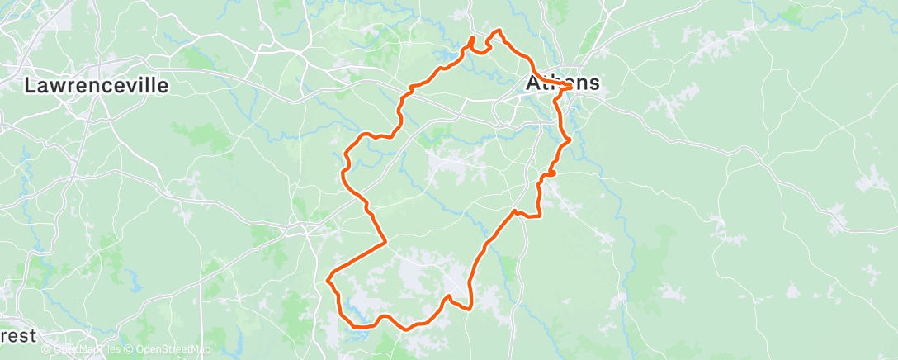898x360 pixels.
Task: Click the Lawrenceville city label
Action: tap(97, 85)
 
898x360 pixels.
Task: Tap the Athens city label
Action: tap(563, 83)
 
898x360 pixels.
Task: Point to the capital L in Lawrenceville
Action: tap(31, 85)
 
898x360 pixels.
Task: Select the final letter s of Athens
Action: tap(593, 83)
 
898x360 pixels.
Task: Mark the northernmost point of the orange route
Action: tap(498, 31)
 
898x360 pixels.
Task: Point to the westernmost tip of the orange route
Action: tap(328, 279)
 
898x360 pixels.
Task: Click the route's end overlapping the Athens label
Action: tap(570, 85)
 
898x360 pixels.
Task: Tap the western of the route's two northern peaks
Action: tap(473, 38)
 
